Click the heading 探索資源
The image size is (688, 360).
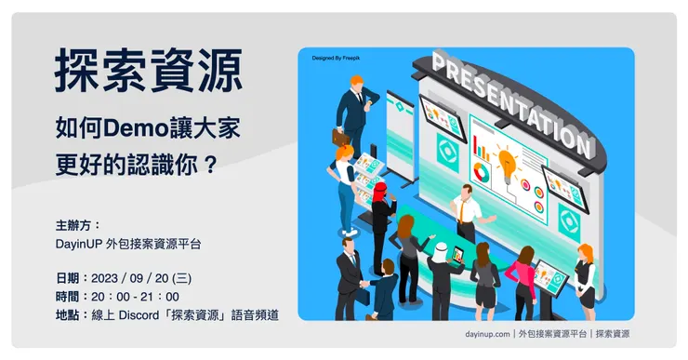149,71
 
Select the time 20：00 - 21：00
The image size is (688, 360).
134,297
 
